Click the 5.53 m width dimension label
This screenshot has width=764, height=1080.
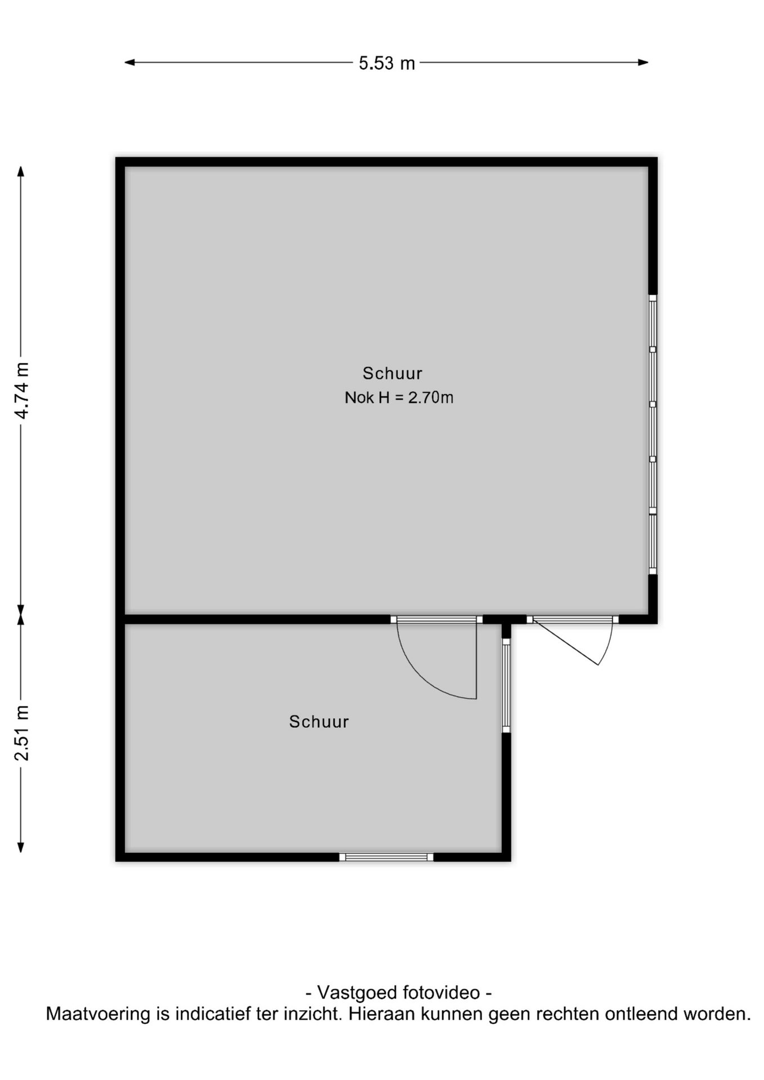pyautogui.click(x=387, y=63)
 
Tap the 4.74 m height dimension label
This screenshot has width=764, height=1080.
pyautogui.click(x=21, y=390)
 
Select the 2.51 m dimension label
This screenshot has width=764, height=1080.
pyautogui.click(x=21, y=732)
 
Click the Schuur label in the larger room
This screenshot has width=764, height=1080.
pyautogui.click(x=392, y=373)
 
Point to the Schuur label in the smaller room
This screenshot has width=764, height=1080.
pyautogui.click(x=319, y=722)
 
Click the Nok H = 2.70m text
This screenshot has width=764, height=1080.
pyautogui.click(x=399, y=398)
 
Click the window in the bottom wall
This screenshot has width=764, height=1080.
pyautogui.click(x=387, y=857)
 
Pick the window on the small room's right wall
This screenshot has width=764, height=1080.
pyautogui.click(x=506, y=685)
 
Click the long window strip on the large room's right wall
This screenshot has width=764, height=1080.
pyautogui.click(x=653, y=435)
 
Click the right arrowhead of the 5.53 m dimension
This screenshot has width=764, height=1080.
pyautogui.click(x=644, y=62)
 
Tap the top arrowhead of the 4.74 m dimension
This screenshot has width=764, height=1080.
pyautogui.click(x=21, y=172)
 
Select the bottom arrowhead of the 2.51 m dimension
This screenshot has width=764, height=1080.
pyautogui.click(x=21, y=847)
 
